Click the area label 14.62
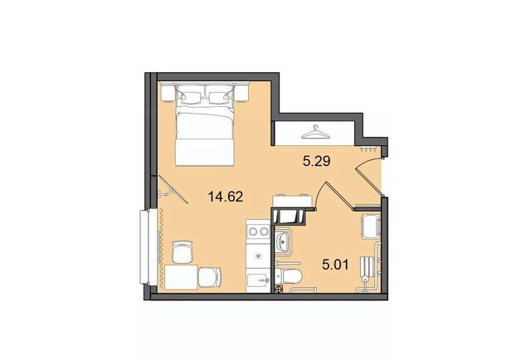226,197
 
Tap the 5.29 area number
317,161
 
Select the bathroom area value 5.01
335,265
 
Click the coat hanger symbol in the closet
315,133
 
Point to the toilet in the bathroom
288,277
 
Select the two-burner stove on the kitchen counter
258,231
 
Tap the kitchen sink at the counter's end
258,280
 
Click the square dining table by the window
181,277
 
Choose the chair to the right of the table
210,277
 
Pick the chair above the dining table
183,251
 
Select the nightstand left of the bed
168,93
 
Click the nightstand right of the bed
242,93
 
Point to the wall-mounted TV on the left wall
171,191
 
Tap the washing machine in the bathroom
371,226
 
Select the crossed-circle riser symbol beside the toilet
279,289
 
